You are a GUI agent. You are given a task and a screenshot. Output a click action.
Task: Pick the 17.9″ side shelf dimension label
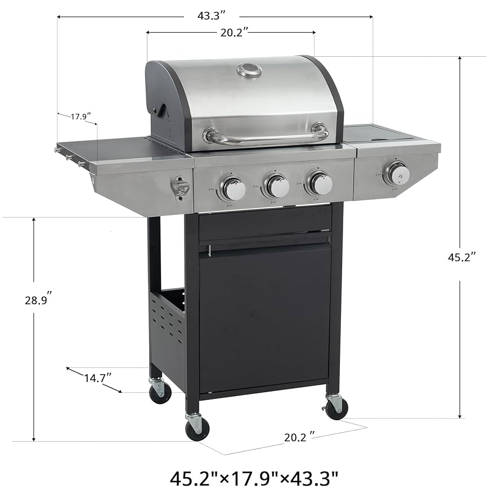(80, 117)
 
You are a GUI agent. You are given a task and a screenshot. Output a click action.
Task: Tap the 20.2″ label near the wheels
(298, 435)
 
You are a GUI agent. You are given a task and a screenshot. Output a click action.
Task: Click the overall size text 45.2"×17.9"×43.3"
(254, 479)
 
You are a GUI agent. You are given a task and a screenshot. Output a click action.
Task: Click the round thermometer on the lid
(249, 70)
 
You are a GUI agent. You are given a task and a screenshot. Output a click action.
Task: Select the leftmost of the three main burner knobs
(231, 188)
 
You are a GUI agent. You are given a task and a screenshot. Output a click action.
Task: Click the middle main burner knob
(276, 186)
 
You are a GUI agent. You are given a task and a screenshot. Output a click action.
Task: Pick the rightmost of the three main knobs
(319, 183)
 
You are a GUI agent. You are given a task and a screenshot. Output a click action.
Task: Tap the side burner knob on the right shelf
(397, 173)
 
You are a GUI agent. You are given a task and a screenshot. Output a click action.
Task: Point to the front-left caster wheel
(197, 428)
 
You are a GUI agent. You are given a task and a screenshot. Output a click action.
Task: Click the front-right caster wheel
(336, 407)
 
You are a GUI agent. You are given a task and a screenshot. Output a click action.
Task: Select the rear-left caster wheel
(160, 391)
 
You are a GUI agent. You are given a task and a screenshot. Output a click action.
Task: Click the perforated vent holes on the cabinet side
(168, 325)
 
